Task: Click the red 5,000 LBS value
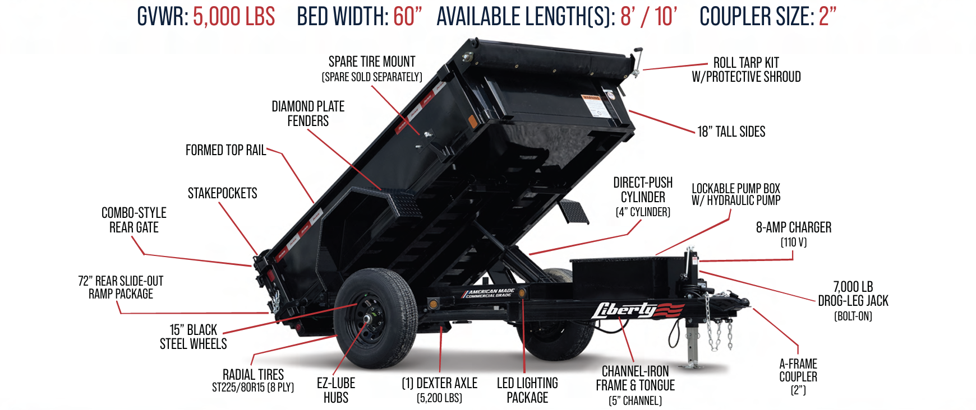pos(234,17)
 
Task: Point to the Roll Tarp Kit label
pos(746,69)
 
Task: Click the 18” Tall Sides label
pos(731,132)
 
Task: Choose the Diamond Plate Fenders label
pos(308,113)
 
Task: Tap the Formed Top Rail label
pos(225,150)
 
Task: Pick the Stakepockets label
pos(222,193)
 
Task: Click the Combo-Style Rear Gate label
pos(134,220)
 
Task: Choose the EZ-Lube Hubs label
pos(336,390)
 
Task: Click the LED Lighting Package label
pos(527,390)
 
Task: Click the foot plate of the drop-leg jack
pos(693,366)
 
